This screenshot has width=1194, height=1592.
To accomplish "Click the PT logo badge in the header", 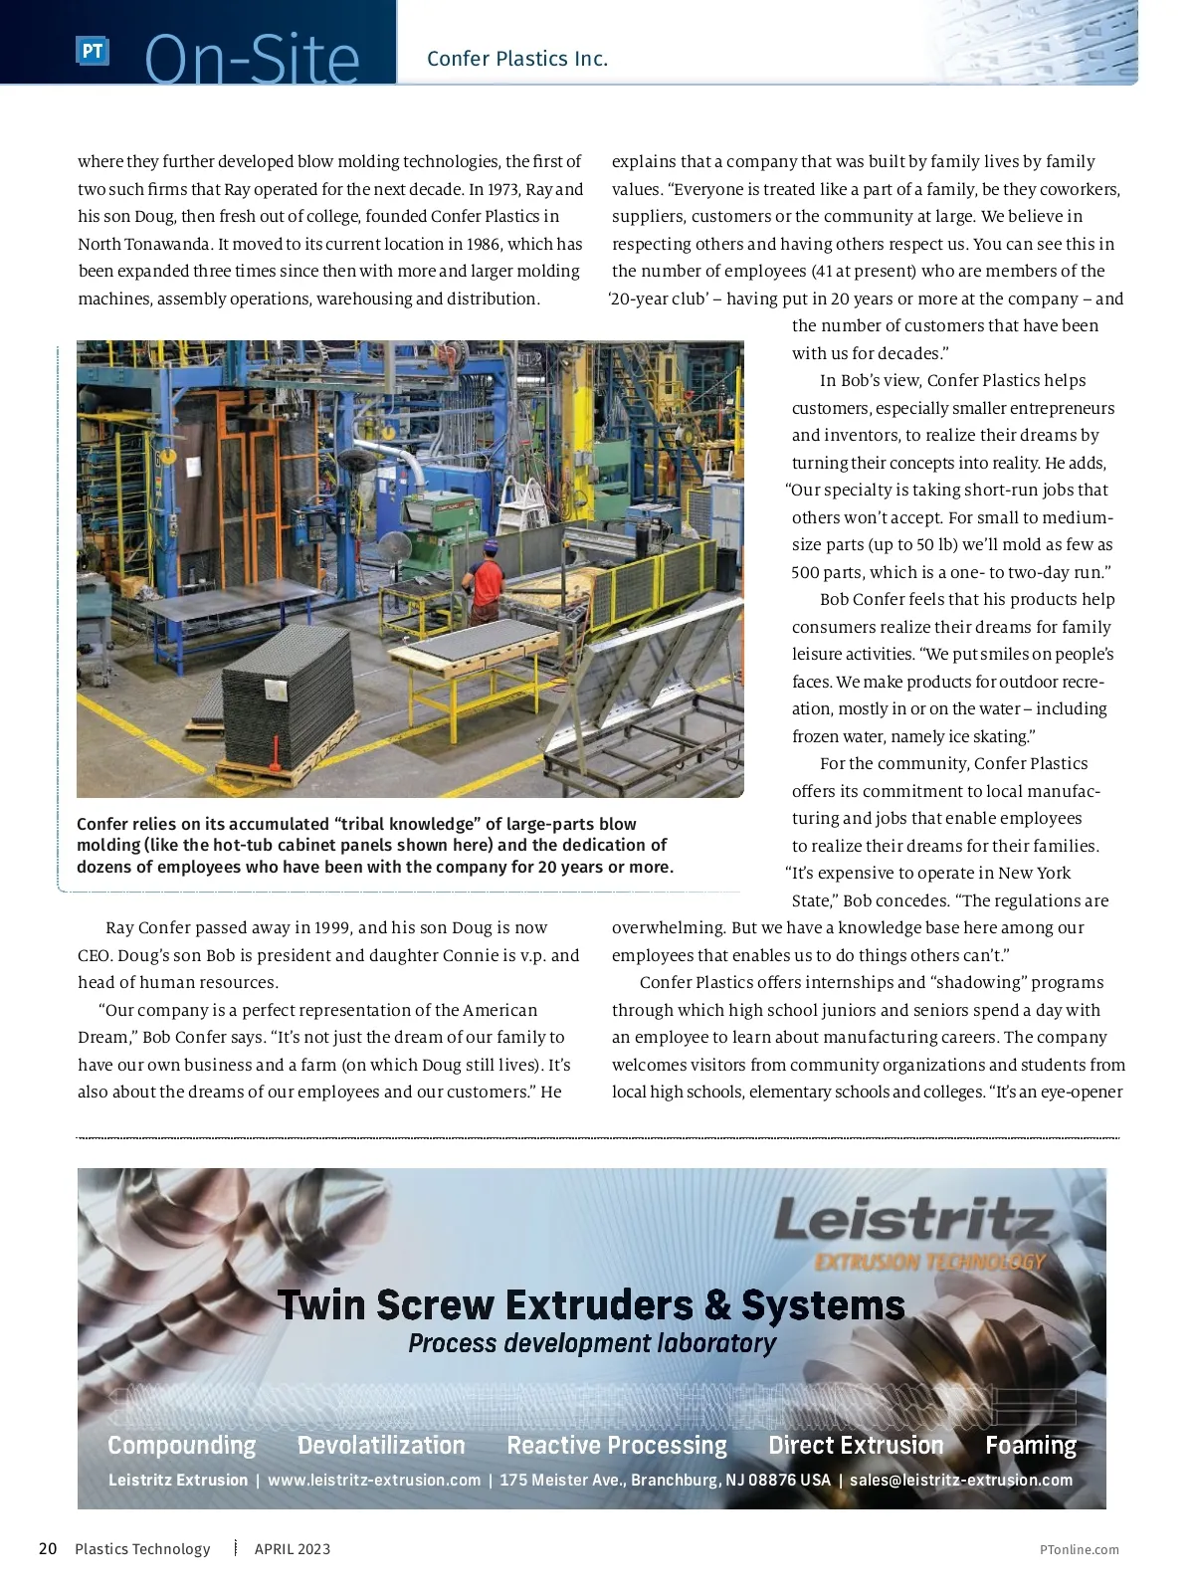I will pyautogui.click(x=92, y=51).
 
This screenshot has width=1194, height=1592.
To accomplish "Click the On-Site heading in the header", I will pyautogui.click(x=252, y=60).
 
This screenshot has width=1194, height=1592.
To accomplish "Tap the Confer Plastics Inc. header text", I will pyautogui.click(x=516, y=59).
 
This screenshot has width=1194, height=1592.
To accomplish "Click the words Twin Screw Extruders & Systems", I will pyautogui.click(x=591, y=1304).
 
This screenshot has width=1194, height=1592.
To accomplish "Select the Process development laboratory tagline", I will pyautogui.click(x=592, y=1343).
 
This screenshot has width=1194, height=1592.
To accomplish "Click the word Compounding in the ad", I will pyautogui.click(x=181, y=1445).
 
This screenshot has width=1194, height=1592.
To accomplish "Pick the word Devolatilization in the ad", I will pyautogui.click(x=381, y=1445).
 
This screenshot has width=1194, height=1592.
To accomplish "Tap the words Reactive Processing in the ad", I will pyautogui.click(x=617, y=1445).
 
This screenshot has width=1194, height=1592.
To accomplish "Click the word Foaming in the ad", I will pyautogui.click(x=1031, y=1445).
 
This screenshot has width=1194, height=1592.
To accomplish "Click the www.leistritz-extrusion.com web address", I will pyautogui.click(x=374, y=1480).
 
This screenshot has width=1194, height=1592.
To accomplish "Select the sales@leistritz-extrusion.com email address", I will pyautogui.click(x=961, y=1480).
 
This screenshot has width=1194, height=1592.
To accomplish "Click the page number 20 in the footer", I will pyautogui.click(x=48, y=1548).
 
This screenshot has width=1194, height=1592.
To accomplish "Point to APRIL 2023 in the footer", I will pyautogui.click(x=293, y=1549).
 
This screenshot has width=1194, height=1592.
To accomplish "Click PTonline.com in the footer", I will pyautogui.click(x=1079, y=1549).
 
